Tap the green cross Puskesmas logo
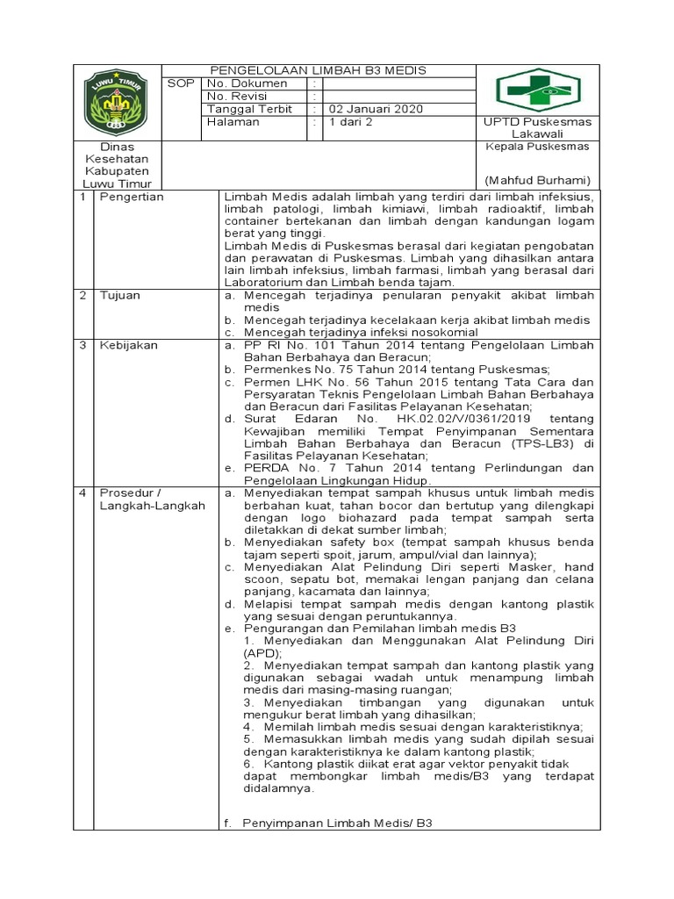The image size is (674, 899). tap(539, 90)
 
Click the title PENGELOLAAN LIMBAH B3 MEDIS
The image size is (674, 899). tap(319, 70)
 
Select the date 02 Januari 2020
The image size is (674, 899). tap(376, 109)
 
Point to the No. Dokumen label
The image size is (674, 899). tap(247, 83)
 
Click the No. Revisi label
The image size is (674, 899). tap(240, 96)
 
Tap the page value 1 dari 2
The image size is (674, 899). tap(350, 122)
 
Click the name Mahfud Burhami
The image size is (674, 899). tap(539, 180)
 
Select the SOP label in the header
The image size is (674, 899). tap(182, 83)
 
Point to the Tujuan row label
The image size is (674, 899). tap(119, 296)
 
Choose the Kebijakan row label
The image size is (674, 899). tap(128, 345)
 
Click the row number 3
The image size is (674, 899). tap(82, 345)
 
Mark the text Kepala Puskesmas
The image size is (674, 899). tap(538, 147)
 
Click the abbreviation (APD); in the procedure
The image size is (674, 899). tap(262, 654)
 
